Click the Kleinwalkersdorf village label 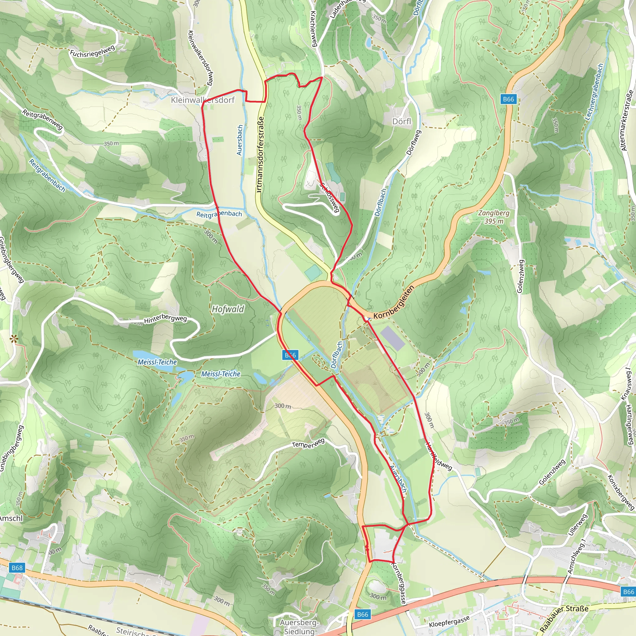[203, 100]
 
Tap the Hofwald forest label [228, 309]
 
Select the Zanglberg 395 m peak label [493, 217]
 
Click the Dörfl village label [402, 121]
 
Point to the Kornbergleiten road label [394, 302]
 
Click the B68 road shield [17, 568]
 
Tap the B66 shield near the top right [508, 99]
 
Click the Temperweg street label [308, 443]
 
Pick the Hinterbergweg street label [165, 319]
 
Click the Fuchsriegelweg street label [93, 51]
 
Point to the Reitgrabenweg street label [43, 120]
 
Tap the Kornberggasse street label [399, 583]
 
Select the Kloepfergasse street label [449, 622]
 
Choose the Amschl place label [11, 519]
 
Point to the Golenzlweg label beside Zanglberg [520, 276]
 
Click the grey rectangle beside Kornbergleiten [393, 338]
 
